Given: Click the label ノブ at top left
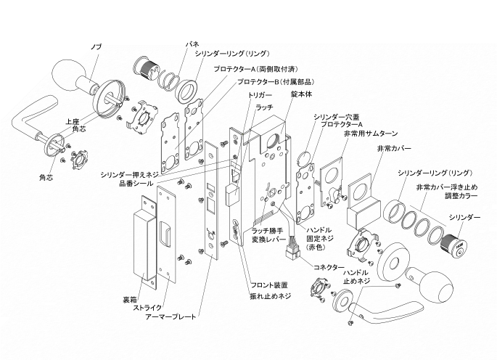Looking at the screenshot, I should [x=96, y=46].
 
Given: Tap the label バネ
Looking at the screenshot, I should [x=192, y=45].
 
